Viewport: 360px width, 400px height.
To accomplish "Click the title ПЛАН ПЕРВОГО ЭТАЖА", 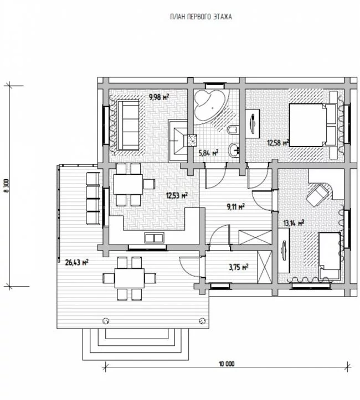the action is (201, 17).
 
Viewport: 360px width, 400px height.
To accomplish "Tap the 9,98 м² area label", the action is (159, 97).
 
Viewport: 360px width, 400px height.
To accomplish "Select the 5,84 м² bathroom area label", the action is (208, 153).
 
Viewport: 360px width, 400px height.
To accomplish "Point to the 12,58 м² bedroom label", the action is (278, 142).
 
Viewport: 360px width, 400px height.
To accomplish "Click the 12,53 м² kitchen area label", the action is (177, 196).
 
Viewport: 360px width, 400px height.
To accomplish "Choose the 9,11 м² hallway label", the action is (235, 206).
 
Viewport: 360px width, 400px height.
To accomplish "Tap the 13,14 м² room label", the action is (294, 223).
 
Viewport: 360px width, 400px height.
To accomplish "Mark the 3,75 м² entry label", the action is (239, 267).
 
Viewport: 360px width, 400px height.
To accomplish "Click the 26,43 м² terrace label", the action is (76, 262).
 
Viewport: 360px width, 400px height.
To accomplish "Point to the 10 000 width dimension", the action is (227, 363).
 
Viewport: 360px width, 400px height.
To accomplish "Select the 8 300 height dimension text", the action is (7, 186).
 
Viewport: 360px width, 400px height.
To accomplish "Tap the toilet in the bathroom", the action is (233, 131).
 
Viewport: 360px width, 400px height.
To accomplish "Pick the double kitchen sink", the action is (154, 238).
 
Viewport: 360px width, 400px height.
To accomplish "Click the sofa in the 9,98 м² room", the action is (128, 125).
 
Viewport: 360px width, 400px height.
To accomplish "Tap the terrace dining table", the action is (130, 278).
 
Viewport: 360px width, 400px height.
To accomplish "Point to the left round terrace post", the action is (106, 321).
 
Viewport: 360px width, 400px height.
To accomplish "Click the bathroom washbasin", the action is (234, 150).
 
